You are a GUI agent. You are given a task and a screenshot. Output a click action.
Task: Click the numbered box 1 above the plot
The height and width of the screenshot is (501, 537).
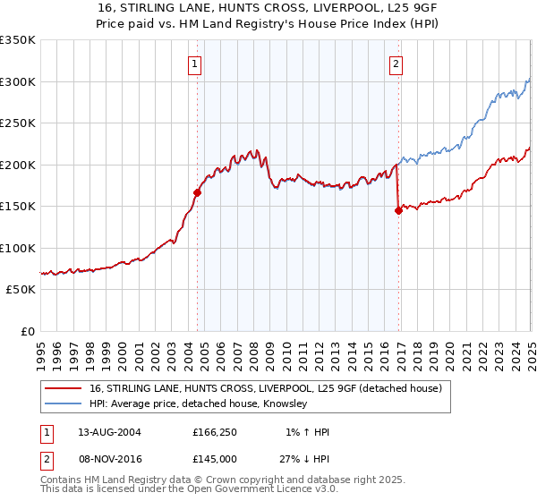click(x=195, y=64)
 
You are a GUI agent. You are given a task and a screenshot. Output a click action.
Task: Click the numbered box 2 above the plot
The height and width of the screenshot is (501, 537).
click(x=396, y=64)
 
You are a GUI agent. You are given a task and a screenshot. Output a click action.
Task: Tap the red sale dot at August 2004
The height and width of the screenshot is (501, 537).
click(x=198, y=191)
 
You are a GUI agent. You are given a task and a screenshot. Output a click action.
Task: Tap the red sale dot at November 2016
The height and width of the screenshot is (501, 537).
click(x=398, y=211)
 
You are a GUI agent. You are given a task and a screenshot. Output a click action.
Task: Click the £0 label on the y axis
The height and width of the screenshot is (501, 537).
click(x=29, y=331)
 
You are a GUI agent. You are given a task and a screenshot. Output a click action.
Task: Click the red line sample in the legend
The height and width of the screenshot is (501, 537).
click(x=64, y=389)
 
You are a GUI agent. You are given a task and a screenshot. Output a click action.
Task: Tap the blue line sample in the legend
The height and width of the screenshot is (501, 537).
click(x=64, y=404)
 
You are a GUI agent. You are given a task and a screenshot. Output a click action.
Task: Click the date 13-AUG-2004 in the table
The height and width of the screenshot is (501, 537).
click(x=109, y=432)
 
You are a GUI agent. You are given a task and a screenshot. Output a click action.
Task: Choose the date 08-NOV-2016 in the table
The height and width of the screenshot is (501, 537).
click(x=109, y=459)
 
